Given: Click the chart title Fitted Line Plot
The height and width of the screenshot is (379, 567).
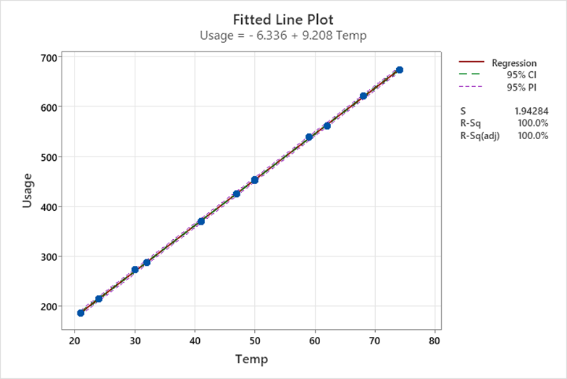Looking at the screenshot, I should point(283,19).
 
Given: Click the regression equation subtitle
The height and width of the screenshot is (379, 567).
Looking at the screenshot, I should point(283,35).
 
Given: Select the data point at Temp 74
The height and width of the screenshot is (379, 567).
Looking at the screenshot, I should point(399,70).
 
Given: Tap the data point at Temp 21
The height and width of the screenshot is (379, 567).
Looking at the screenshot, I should point(80,313).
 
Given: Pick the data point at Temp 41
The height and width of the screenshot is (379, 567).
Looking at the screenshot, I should point(201,221).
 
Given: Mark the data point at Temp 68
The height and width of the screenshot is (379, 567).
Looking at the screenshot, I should point(364,96).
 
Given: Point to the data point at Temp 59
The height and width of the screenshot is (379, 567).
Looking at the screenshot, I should point(309,137).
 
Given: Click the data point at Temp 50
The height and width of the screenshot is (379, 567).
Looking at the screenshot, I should point(255,180).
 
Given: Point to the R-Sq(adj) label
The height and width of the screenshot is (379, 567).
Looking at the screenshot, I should point(481,136).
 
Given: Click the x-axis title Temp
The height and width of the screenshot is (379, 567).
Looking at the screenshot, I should point(251,359).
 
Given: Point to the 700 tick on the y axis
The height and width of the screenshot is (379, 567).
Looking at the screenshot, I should point(50,57).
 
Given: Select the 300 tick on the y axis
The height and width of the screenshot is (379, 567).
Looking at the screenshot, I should point(50,257).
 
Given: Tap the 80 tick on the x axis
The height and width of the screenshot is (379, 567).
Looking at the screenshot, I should point(435,341).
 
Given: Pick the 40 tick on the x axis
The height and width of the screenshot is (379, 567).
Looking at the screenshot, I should point(195,341).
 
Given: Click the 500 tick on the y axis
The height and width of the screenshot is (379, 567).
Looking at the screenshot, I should point(50,157).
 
